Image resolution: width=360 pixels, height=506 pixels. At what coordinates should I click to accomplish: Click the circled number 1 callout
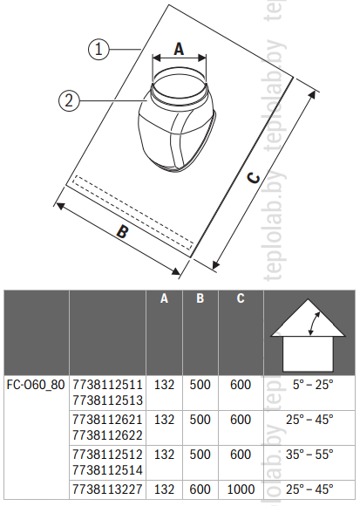pos(98,50)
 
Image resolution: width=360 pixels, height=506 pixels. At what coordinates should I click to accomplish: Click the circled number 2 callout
pos(69,100)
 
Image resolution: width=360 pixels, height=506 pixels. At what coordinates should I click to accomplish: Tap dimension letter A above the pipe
pos(179,49)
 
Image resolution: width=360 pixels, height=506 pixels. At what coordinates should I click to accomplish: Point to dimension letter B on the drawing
pos(123,232)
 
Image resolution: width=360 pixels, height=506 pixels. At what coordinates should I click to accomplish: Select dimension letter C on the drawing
pos(254,179)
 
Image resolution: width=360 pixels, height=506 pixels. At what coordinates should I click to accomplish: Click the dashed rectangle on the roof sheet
pos(132,213)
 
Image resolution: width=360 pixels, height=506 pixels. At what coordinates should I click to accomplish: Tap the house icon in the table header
pos(308,335)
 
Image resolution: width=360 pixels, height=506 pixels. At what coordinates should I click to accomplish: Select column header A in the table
pos(165,298)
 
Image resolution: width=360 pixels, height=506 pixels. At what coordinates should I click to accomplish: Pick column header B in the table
pos(200,298)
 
